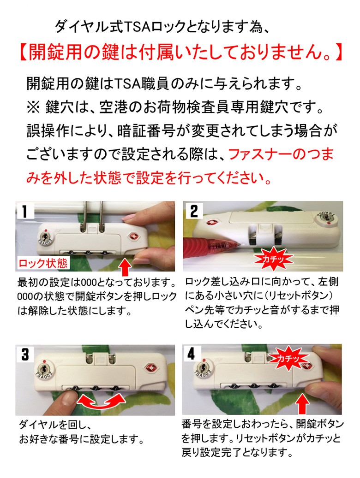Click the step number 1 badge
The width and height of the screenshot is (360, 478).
pyautogui.click(x=24, y=211)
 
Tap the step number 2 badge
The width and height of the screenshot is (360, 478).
pyautogui.click(x=193, y=211)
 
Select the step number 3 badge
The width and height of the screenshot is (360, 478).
pyautogui.click(x=25, y=354)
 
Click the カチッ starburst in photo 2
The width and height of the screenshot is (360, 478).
pyautogui.click(x=274, y=259)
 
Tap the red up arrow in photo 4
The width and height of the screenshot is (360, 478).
pyautogui.click(x=302, y=403)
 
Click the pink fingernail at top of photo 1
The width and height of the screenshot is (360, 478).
pyautogui.click(x=129, y=217)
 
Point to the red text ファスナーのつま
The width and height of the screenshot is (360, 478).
pyautogui.click(x=281, y=154)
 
